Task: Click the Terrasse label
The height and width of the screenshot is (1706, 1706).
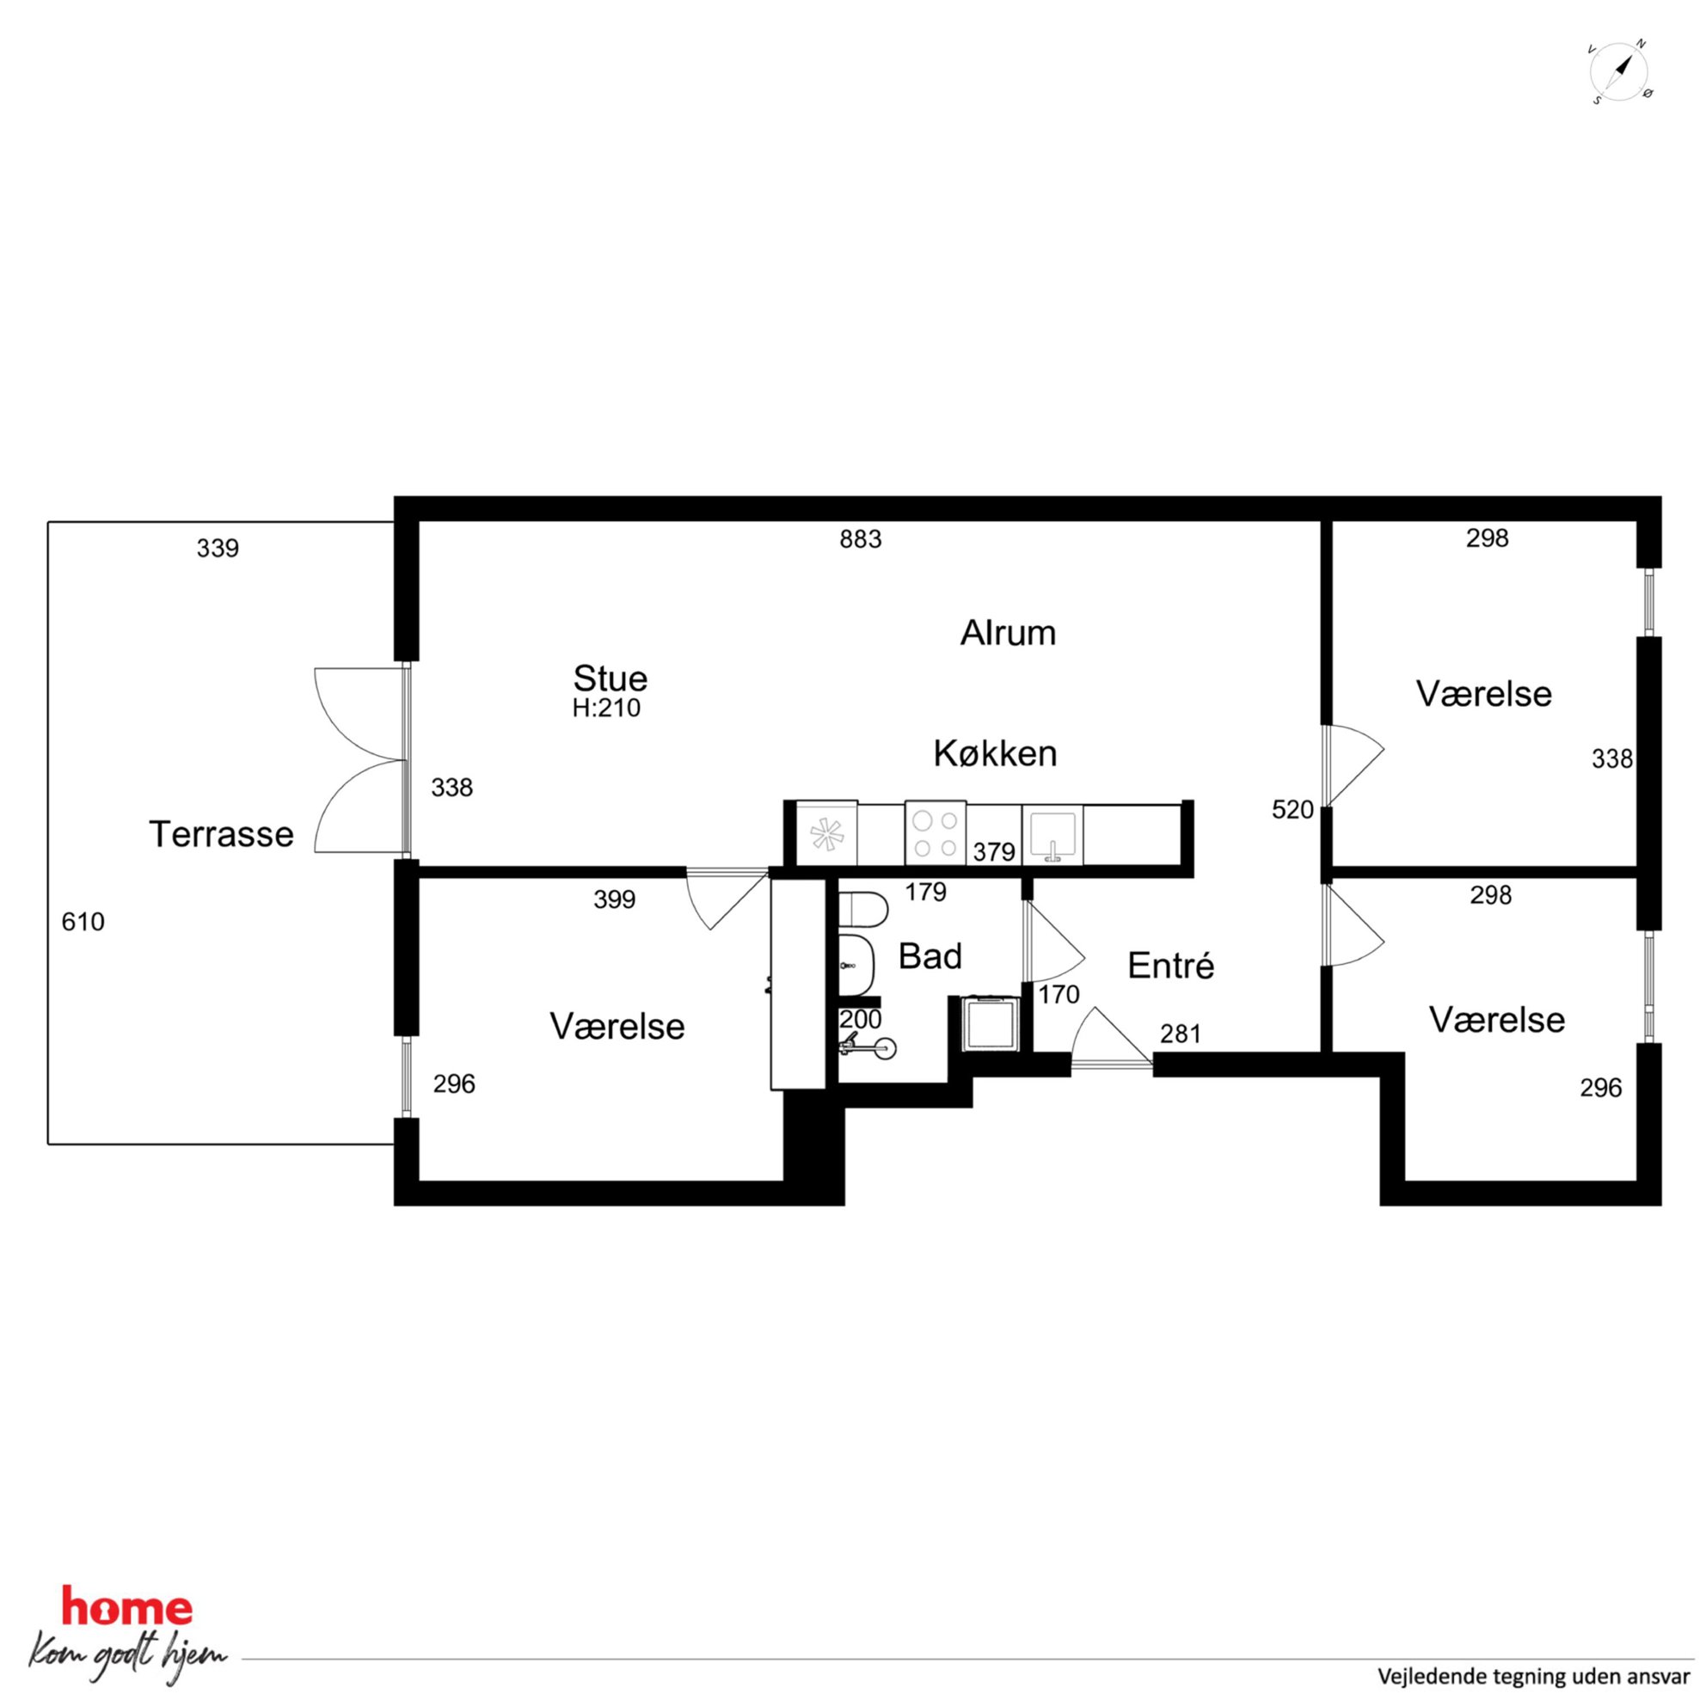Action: pyautogui.click(x=221, y=834)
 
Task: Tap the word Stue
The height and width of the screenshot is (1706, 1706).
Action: pyautogui.click(x=611, y=678)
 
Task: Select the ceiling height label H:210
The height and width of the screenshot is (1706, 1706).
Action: pyautogui.click(x=606, y=709)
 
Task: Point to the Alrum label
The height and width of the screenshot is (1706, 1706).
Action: pyautogui.click(x=1009, y=633)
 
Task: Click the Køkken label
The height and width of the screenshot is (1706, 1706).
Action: pyautogui.click(x=995, y=753)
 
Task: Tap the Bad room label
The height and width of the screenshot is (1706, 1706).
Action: pyautogui.click(x=930, y=956)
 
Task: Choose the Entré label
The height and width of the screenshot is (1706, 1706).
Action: pyautogui.click(x=1171, y=965)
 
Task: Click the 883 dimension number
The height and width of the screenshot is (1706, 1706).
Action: pyautogui.click(x=860, y=538)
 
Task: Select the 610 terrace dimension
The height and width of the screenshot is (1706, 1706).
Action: pyautogui.click(x=83, y=922)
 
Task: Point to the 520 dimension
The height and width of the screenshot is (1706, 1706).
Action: pyautogui.click(x=1292, y=810)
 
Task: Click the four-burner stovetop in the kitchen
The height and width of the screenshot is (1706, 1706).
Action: pyautogui.click(x=936, y=833)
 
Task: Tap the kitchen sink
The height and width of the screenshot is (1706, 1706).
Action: pyautogui.click(x=1052, y=833)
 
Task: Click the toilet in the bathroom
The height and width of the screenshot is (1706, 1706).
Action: pyautogui.click(x=862, y=911)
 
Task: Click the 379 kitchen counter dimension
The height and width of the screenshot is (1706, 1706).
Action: pyautogui.click(x=993, y=852)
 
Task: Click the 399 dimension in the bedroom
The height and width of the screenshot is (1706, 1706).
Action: pyautogui.click(x=614, y=899)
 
